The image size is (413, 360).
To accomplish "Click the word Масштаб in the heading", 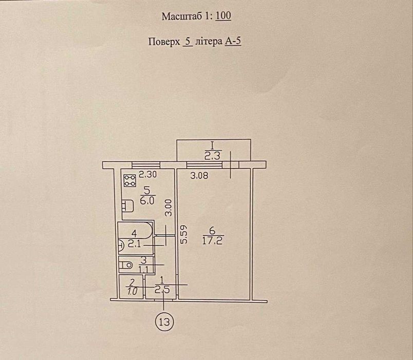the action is tap(183, 16).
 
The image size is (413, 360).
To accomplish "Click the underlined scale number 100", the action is tap(223, 16).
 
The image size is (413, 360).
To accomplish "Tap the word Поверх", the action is tap(164, 42).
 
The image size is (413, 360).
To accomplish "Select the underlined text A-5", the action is tap(233, 42).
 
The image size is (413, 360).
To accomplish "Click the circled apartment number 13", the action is tap(164, 322).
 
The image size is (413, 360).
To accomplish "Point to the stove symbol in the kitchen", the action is tap(130, 181).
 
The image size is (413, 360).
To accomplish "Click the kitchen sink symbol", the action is tap(128, 205).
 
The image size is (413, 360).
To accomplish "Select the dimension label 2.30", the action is tap(148, 174).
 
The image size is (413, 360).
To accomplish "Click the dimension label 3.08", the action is tap(199, 175).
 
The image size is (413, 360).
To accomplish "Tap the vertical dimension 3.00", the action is tap(168, 208).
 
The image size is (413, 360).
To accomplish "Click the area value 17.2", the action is tap(212, 241).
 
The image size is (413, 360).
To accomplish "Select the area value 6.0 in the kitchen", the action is tap(147, 201).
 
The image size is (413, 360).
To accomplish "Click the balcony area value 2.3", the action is tap(212, 157).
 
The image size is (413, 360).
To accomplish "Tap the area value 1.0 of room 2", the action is tap(133, 292).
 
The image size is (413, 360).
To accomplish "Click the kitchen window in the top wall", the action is tap(146, 165).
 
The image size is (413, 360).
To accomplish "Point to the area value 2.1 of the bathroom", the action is tap(135, 244).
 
